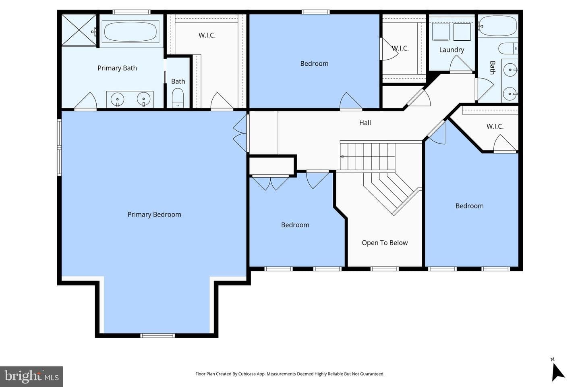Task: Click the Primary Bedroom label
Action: (x=154, y=214)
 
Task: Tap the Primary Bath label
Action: (x=117, y=68)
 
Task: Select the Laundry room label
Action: (x=452, y=50)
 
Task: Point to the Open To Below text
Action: (x=385, y=243)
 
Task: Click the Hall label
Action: (x=365, y=123)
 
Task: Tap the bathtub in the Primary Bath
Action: (x=130, y=31)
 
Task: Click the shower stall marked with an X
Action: (x=79, y=30)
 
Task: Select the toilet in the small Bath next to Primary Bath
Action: (x=178, y=98)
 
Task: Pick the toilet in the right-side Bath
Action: (x=508, y=48)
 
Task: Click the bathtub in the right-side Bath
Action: (x=498, y=26)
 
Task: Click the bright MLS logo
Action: (x=31, y=377)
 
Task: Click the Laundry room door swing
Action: (x=461, y=64)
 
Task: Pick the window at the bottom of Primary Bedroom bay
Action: (x=157, y=336)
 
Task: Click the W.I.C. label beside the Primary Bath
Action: (x=207, y=35)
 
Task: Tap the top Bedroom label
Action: (x=314, y=64)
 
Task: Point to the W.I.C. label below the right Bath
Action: (x=495, y=127)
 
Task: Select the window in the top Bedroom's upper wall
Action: (x=315, y=12)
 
